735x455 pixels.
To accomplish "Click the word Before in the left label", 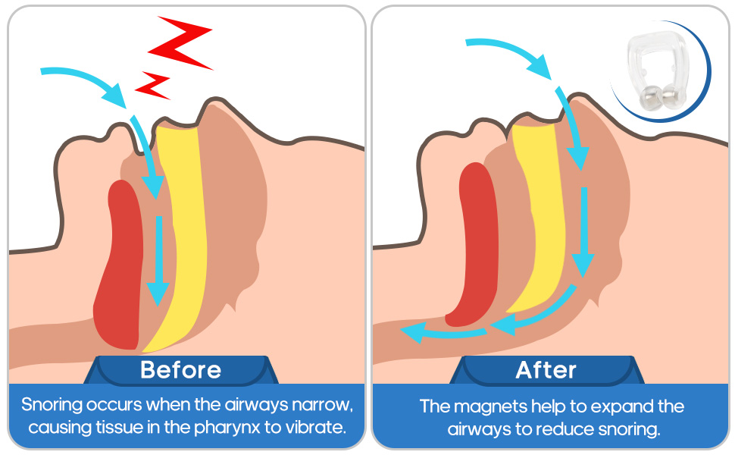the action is [x=180, y=370].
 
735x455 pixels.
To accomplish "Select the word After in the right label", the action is [x=546, y=370].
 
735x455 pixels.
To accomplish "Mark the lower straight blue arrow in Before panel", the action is [x=158, y=258].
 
